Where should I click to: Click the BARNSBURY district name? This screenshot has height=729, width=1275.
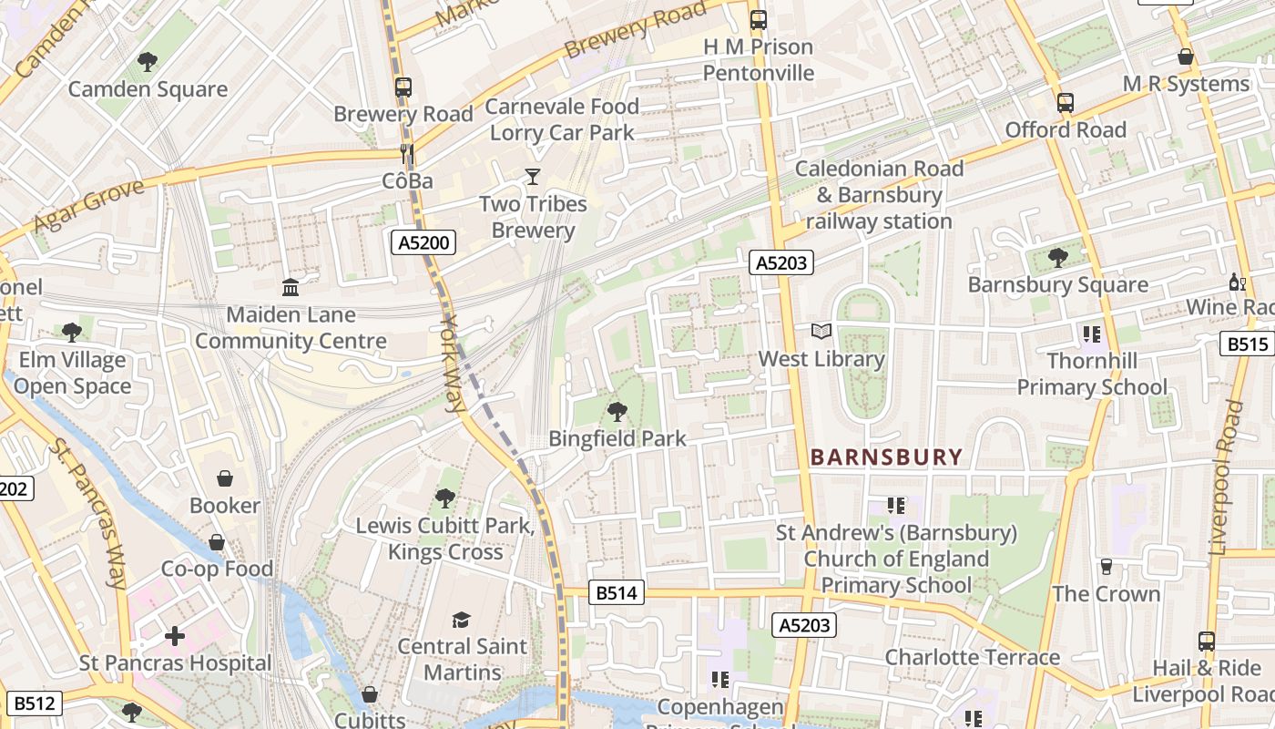click(x=886, y=457)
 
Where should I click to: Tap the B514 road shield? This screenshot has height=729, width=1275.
click(x=617, y=593)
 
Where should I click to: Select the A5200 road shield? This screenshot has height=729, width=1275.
click(x=423, y=242)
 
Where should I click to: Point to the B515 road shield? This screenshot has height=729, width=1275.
click(x=1246, y=344)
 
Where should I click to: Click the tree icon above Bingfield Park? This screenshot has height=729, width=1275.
click(x=617, y=412)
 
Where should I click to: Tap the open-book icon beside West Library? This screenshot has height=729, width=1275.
click(x=821, y=332)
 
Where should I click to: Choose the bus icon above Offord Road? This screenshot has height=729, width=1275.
click(x=1066, y=103)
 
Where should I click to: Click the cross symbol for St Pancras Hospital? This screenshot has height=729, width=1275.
click(x=175, y=636)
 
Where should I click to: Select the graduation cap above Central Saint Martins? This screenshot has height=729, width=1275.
click(x=462, y=620)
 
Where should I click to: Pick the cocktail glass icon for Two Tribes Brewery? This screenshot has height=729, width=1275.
click(x=533, y=177)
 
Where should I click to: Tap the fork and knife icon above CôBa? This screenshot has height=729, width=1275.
click(x=407, y=154)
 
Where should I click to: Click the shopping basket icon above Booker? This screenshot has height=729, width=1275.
click(x=224, y=478)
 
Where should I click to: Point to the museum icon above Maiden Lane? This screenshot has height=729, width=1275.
click(x=291, y=288)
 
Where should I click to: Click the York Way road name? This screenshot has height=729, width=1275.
click(x=453, y=364)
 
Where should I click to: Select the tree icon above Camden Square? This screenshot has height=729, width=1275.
click(x=148, y=62)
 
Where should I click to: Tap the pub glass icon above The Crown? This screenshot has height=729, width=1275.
click(x=1107, y=567)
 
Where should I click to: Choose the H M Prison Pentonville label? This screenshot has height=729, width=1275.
click(x=759, y=59)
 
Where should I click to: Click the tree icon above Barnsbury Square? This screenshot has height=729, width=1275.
click(x=1057, y=258)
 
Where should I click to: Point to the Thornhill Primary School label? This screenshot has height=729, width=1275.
click(x=1091, y=374)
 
